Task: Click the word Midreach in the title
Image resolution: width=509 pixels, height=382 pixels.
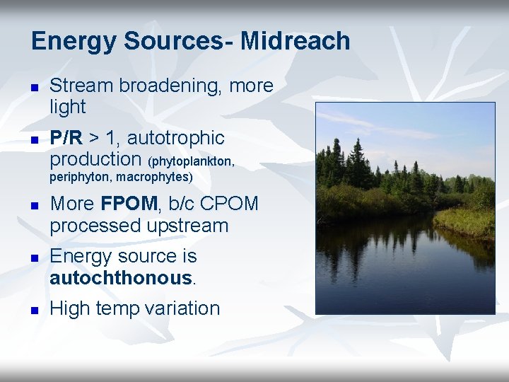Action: (x=295, y=41)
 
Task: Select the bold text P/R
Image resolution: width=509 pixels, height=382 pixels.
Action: (x=66, y=137)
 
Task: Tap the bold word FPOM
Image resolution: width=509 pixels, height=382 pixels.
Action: (x=129, y=204)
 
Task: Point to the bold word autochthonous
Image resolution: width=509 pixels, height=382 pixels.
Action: (x=120, y=278)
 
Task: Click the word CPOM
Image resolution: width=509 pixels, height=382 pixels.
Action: (x=230, y=204)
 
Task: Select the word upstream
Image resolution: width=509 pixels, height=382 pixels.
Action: (x=187, y=226)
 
